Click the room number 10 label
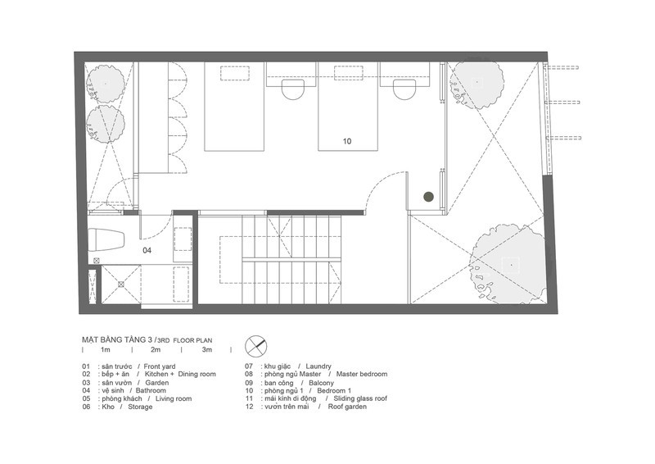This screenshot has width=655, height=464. [347, 142]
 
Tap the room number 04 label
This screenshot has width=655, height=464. [147, 251]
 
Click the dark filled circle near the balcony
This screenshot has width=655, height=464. [428, 196]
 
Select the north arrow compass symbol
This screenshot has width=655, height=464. [256, 347]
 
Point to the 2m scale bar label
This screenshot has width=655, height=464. [156, 350]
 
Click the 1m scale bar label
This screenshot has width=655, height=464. [105, 350]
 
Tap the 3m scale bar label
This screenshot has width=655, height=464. [207, 350]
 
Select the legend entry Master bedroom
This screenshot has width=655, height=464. [362, 374]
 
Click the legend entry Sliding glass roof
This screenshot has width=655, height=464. [360, 398]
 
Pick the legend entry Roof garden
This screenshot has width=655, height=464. [347, 407]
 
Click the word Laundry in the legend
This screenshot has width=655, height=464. [318, 366]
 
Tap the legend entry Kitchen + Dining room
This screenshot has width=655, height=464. [180, 374]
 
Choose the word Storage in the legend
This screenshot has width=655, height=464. [140, 407]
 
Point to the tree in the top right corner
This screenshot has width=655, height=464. [477, 83]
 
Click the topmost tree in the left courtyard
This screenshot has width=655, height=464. [106, 84]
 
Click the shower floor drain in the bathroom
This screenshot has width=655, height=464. [120, 284]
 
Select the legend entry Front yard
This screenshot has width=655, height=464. [160, 366]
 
